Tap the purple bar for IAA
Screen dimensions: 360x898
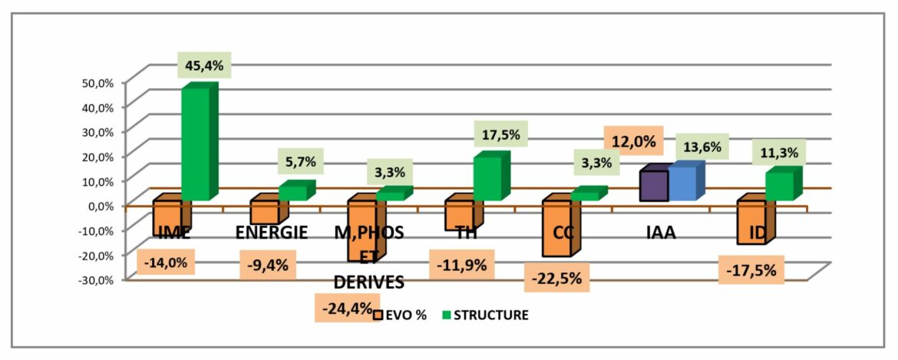(x=654, y=185)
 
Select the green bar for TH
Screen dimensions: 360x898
(x=487, y=178)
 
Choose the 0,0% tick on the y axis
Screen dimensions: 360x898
(x=100, y=205)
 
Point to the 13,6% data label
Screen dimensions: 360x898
(x=698, y=147)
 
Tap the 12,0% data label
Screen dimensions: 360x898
(x=634, y=142)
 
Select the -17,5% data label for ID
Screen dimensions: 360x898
(x=751, y=270)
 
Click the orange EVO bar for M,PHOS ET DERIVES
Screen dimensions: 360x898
(x=362, y=230)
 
